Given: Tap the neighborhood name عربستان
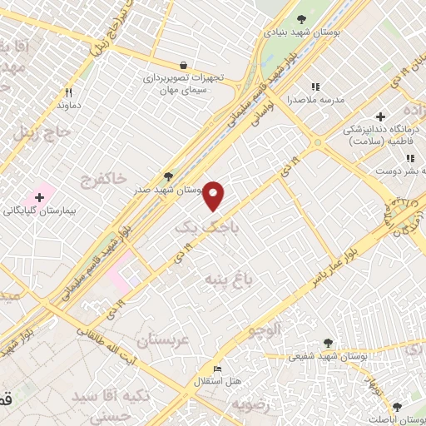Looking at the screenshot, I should (x=163, y=340).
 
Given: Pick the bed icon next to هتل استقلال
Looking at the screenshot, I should (x=218, y=369).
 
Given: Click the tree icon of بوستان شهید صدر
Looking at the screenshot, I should (x=169, y=176).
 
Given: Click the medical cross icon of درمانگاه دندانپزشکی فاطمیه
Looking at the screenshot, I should (x=381, y=116).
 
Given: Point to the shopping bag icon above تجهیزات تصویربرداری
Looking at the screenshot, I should (x=182, y=64).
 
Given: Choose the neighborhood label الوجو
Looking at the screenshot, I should (x=264, y=329).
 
